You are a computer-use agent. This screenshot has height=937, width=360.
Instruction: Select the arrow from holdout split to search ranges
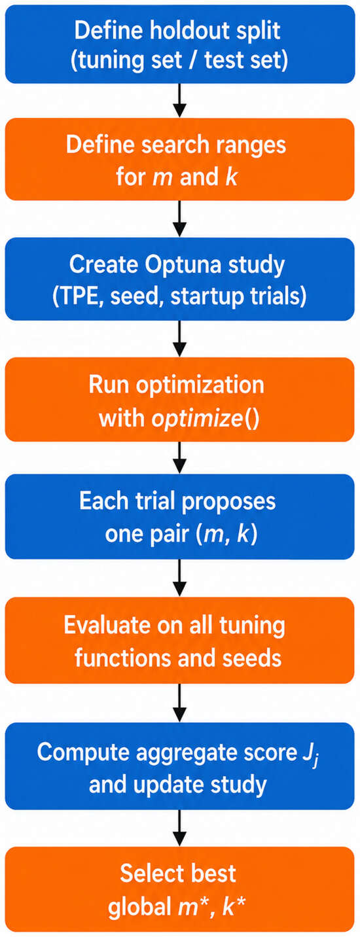pos(179,100)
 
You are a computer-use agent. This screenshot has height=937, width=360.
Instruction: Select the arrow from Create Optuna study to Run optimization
pos(179,338)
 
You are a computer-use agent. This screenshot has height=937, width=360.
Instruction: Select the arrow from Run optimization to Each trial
pos(179,457)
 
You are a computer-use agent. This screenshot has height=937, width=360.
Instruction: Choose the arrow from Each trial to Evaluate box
pos(179,578)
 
